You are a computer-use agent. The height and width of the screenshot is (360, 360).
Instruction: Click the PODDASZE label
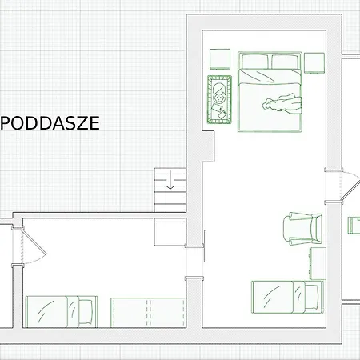point(50,123)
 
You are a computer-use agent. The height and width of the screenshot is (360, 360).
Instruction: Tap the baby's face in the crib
point(220,98)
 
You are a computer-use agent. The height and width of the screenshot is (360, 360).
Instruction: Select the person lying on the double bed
point(282,103)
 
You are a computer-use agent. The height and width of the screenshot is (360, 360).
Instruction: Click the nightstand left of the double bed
point(220,59)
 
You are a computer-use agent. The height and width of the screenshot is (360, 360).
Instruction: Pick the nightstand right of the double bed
point(314,63)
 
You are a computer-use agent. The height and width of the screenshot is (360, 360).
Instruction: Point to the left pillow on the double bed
point(254,62)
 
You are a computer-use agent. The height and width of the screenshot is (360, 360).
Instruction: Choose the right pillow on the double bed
point(285,62)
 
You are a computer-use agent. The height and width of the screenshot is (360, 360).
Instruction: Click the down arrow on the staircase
point(170,180)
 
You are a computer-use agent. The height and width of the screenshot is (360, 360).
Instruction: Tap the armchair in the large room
point(302,229)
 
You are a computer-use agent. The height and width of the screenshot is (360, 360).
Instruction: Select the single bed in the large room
point(288,297)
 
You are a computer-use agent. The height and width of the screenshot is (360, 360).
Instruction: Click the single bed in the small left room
point(62,312)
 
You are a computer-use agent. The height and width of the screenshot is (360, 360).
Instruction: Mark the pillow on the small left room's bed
point(86,312)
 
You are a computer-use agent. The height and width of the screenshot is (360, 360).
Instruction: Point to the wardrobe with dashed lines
point(148,313)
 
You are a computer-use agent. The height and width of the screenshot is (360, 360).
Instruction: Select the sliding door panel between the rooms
point(205,246)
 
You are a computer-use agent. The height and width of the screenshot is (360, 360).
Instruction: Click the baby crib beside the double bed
point(219,99)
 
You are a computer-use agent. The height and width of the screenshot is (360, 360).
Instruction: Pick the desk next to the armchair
point(318,263)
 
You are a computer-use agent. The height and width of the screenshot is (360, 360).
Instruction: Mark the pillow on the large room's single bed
point(312,297)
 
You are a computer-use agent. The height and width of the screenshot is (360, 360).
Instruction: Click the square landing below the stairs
point(170,232)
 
